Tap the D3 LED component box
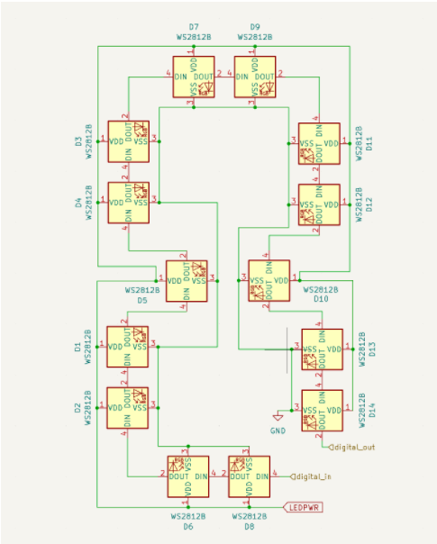click(129, 141)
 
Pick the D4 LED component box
click(129, 204)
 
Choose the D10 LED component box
click(269, 280)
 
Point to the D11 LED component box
click(320, 143)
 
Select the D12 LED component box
click(320, 205)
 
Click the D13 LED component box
click(322, 349)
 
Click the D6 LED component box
click(187, 476)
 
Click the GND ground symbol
click(278, 418)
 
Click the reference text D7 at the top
click(194, 28)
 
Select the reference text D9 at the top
click(255, 28)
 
